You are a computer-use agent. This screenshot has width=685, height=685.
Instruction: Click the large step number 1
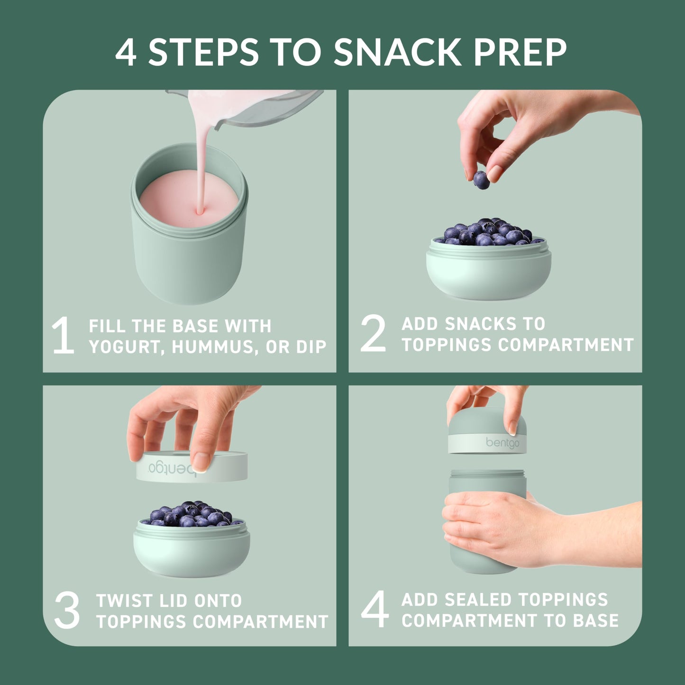[x=63, y=336]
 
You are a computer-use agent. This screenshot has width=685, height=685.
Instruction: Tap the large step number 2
[x=373, y=334]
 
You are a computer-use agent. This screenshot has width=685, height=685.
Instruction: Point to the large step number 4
[x=374, y=610]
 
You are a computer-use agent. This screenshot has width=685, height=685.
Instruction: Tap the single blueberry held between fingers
[x=481, y=180]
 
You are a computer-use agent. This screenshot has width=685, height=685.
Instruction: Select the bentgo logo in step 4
[x=502, y=443]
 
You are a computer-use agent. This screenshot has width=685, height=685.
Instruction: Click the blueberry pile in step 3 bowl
[x=191, y=514]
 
